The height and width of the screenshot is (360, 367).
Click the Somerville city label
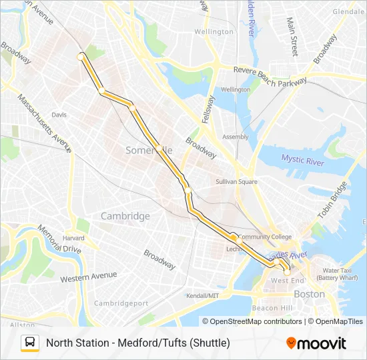(x=149, y=151)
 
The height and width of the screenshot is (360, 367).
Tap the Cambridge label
(x=125, y=216)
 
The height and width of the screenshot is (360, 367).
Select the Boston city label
(x=309, y=294)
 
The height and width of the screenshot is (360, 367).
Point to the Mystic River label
(x=302, y=159)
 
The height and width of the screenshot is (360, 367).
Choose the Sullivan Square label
(x=237, y=181)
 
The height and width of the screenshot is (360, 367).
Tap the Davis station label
(x=59, y=115)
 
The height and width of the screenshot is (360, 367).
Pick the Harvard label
(x=73, y=238)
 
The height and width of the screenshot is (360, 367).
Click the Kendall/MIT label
(x=203, y=295)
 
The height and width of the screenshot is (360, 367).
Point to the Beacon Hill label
(x=272, y=308)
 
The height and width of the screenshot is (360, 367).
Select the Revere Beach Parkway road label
(x=270, y=75)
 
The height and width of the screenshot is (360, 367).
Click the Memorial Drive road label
(x=59, y=239)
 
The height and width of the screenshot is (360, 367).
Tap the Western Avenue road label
(x=88, y=277)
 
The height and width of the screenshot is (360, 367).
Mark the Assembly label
(x=235, y=137)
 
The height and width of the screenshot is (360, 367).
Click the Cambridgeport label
(x=121, y=303)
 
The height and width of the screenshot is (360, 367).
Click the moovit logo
(x=316, y=343)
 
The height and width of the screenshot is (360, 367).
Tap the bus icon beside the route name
(x=30, y=343)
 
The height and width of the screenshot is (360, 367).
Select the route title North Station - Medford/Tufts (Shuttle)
(x=138, y=343)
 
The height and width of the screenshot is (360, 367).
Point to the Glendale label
(x=348, y=11)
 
